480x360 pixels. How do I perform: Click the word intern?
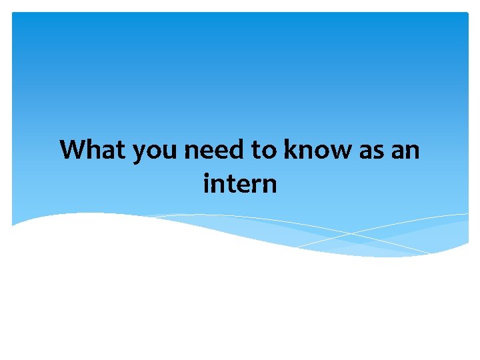click(240, 183)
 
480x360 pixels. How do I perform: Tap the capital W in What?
click(75, 150)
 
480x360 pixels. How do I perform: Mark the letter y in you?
click(139, 153)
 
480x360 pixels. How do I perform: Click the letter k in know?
click(291, 150)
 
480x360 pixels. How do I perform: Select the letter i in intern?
click(207, 182)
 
